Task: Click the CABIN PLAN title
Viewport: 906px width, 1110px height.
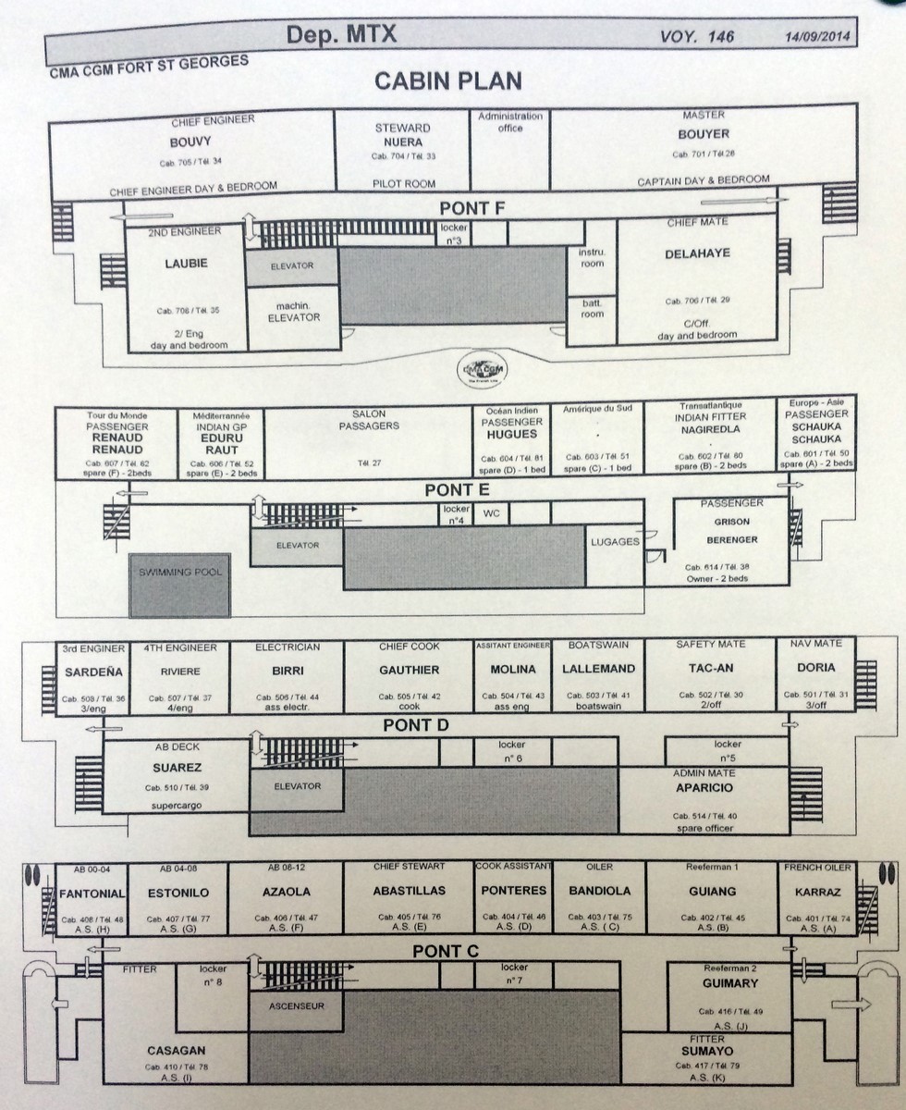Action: point(447,80)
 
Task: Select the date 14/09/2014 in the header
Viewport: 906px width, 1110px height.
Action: point(814,38)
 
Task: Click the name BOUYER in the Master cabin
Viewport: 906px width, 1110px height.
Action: point(704,134)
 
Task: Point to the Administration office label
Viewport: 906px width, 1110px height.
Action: point(510,122)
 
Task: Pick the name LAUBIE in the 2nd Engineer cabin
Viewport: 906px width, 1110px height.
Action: point(187,264)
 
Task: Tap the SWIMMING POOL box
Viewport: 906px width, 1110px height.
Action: point(180,586)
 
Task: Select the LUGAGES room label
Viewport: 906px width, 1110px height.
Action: point(615,542)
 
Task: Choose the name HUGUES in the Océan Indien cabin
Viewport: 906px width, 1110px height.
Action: point(511,432)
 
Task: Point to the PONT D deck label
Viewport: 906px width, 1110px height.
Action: point(415,725)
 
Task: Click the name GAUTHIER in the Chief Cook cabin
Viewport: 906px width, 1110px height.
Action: point(409,670)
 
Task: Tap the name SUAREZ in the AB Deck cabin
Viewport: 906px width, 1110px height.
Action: point(177,768)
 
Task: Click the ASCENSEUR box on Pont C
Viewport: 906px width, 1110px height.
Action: point(296,1005)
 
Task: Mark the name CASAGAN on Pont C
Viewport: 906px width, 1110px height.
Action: point(176,1052)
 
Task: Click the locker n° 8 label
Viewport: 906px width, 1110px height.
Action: point(213,976)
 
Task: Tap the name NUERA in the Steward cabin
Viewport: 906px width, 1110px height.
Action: point(403,142)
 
